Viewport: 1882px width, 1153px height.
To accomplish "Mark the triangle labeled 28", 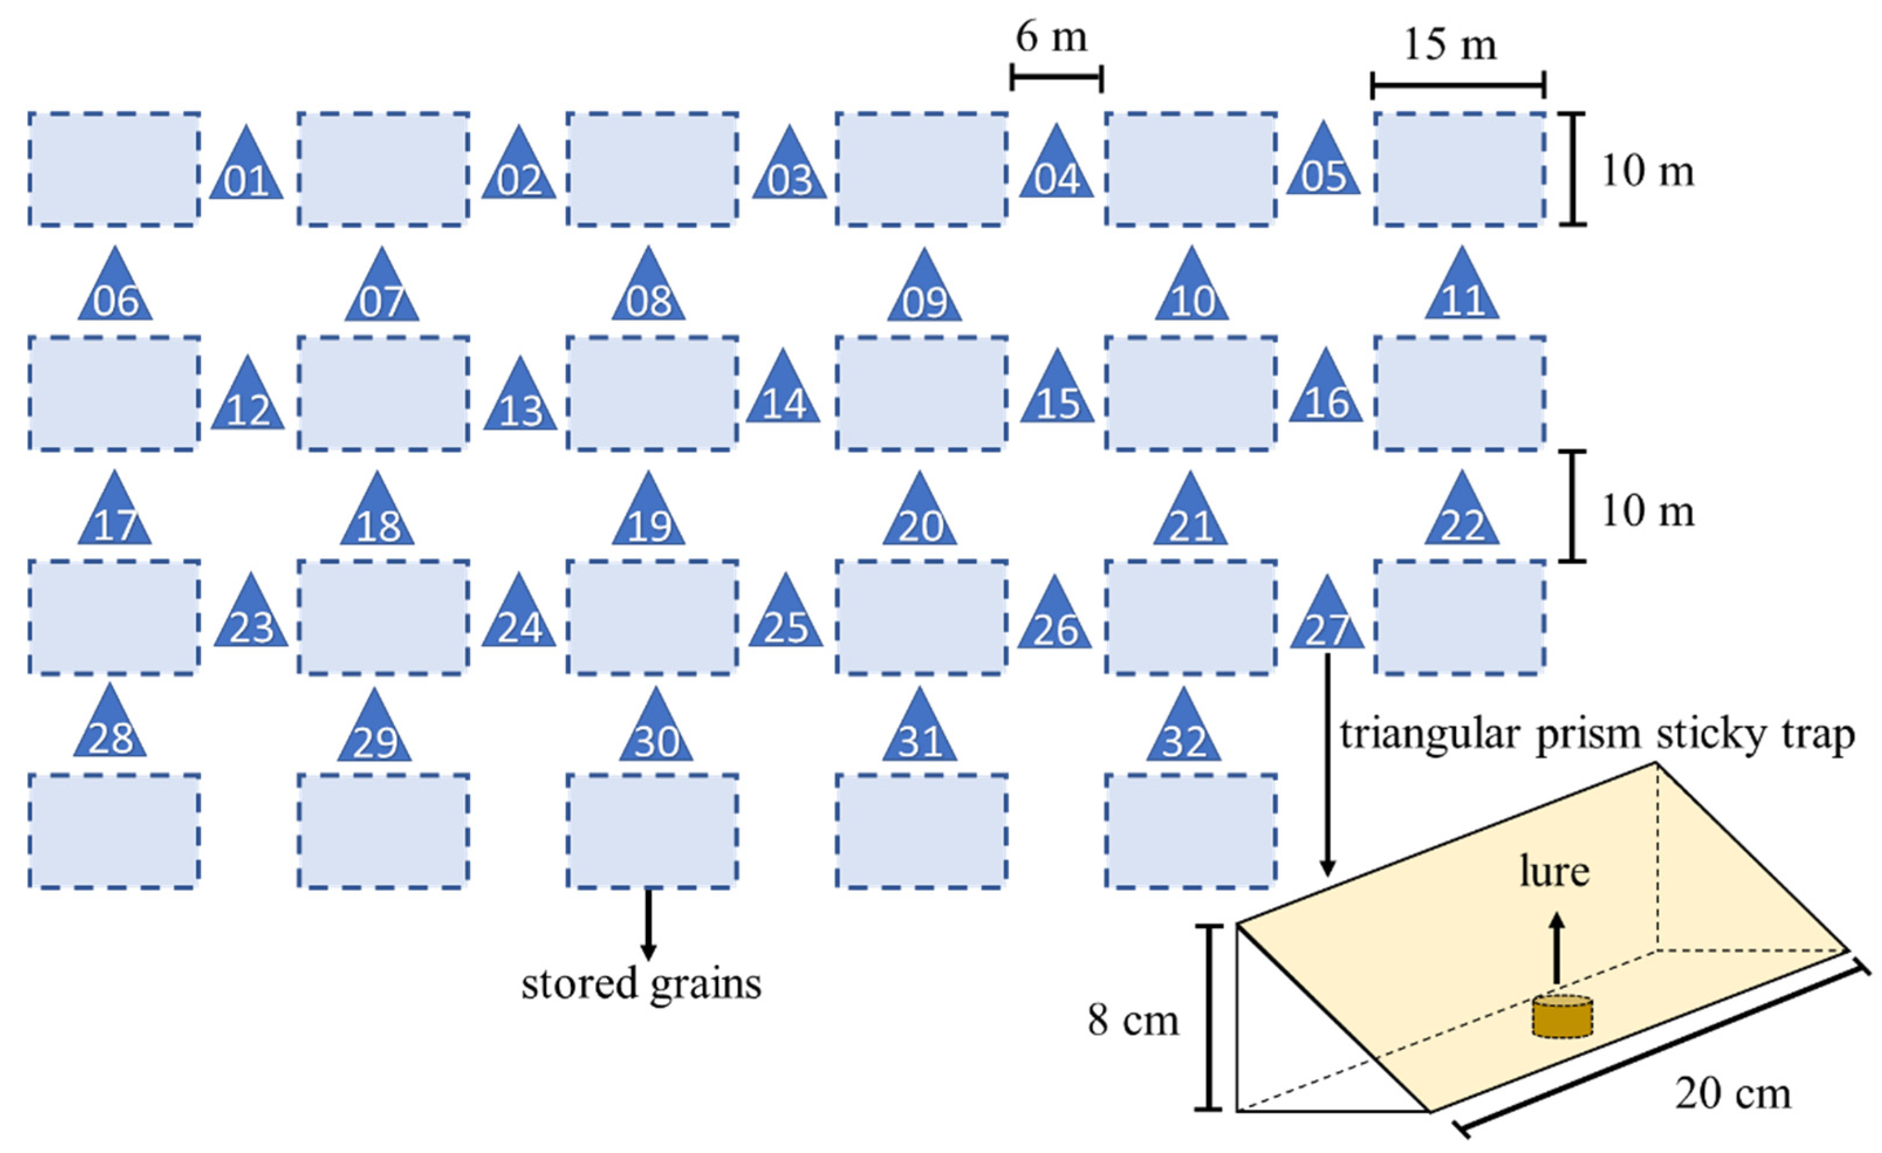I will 110,728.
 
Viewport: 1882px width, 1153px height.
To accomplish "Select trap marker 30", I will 656,732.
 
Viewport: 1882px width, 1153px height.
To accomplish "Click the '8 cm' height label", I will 1133,1020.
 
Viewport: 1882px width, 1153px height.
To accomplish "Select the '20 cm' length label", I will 1732,1093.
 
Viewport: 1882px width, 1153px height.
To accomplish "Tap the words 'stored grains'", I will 642,983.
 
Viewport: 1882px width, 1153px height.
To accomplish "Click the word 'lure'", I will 1554,871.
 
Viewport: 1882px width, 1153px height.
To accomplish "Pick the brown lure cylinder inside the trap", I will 1562,1017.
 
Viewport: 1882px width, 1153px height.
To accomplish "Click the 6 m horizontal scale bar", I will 1057,77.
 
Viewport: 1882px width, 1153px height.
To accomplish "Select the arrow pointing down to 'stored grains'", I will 649,924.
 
